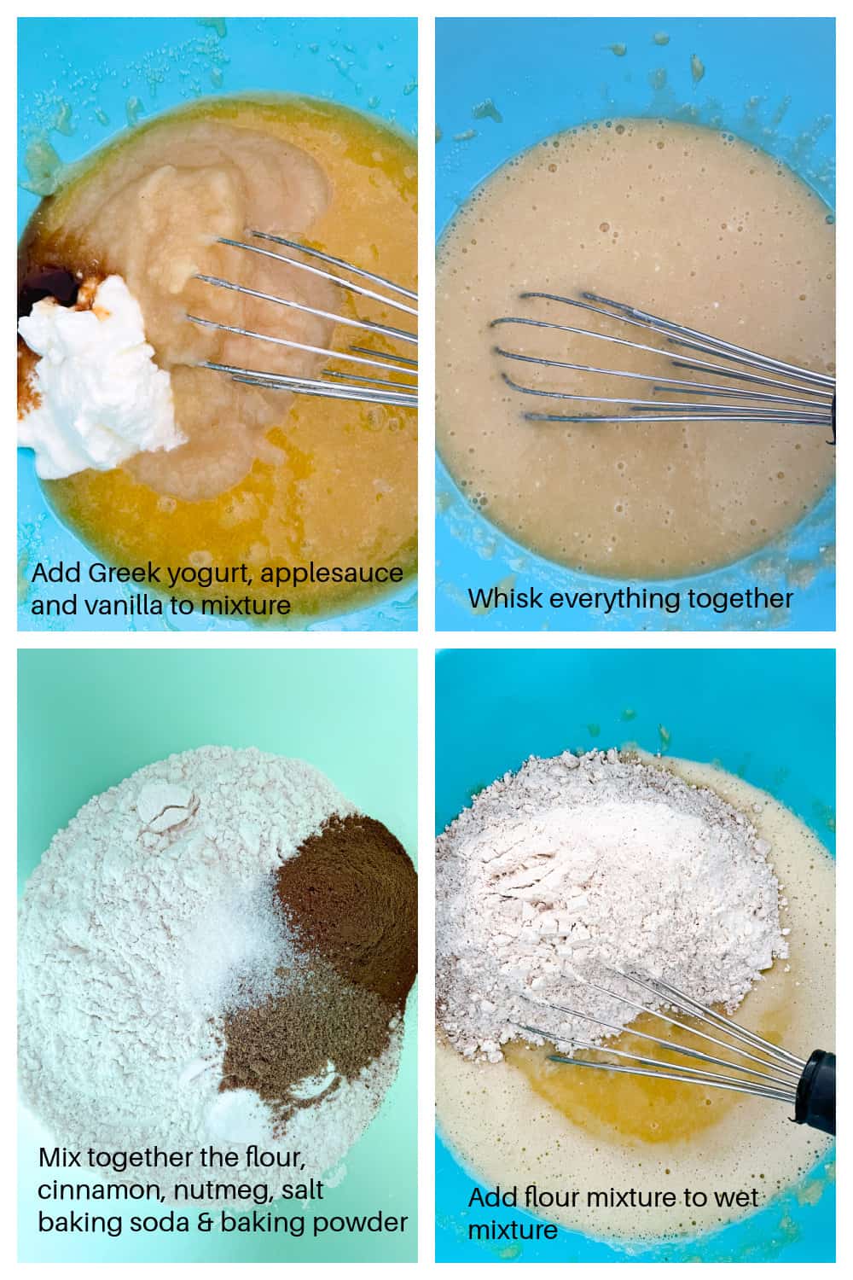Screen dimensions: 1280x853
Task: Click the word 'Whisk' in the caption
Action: pyautogui.click(x=504, y=598)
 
